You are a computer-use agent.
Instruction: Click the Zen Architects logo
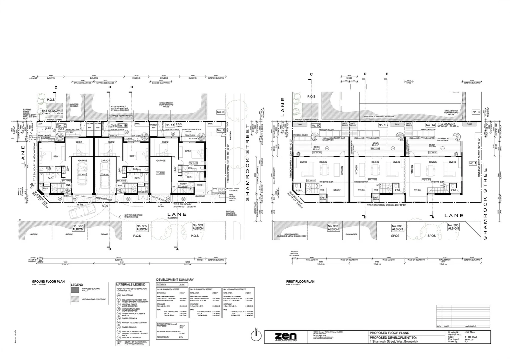(x=285, y=337)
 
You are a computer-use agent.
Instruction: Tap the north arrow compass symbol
(x=256, y=336)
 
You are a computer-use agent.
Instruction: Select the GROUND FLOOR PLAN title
(x=48, y=282)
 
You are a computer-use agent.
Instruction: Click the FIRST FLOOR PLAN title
(x=300, y=282)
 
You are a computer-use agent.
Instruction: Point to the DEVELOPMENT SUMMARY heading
(x=175, y=280)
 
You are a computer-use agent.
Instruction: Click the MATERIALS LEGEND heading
(x=130, y=284)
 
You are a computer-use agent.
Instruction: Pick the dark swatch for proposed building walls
(x=75, y=290)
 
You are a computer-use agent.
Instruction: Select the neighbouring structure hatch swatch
(x=75, y=299)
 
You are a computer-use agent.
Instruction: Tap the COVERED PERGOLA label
(x=74, y=105)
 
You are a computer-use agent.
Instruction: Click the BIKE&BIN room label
(x=143, y=192)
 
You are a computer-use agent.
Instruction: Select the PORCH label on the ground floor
(x=200, y=185)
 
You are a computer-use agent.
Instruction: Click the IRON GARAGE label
(x=351, y=234)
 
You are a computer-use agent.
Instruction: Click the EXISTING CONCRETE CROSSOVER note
(x=231, y=213)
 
